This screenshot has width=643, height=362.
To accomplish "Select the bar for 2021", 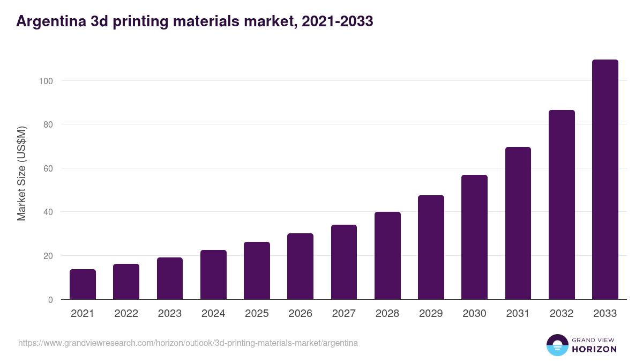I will pyautogui.click(x=83, y=284).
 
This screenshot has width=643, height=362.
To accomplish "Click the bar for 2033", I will pyautogui.click(x=605, y=180).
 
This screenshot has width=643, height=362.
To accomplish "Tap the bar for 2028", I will pyautogui.click(x=387, y=256).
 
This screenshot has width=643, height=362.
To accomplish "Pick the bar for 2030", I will pyautogui.click(x=474, y=237).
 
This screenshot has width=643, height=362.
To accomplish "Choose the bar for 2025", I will pyautogui.click(x=257, y=271).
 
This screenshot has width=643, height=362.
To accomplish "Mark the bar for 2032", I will pyautogui.click(x=562, y=205).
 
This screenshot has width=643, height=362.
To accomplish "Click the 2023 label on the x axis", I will pyautogui.click(x=170, y=314).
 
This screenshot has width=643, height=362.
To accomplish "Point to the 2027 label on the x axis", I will pyautogui.click(x=344, y=314).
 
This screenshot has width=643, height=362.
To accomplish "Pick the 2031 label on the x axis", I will pyautogui.click(x=518, y=314).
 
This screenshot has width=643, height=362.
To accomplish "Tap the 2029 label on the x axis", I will pyautogui.click(x=431, y=314).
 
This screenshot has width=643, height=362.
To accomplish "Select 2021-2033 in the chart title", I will pyautogui.click(x=338, y=21).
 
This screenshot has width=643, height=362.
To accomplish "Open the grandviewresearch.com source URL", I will pyautogui.click(x=188, y=343).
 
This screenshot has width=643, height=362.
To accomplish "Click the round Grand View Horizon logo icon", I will pyautogui.click(x=557, y=345).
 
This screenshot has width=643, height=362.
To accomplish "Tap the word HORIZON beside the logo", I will pyautogui.click(x=594, y=349).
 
